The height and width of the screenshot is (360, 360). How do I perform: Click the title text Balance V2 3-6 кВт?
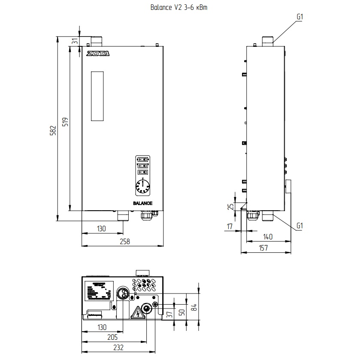180,8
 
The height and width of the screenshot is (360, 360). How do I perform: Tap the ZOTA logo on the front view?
98,54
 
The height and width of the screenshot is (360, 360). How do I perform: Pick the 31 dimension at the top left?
74,41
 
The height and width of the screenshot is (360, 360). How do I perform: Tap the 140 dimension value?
268,237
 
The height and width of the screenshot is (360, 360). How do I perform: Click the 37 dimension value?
169,315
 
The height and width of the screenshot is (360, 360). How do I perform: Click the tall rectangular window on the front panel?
97,96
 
